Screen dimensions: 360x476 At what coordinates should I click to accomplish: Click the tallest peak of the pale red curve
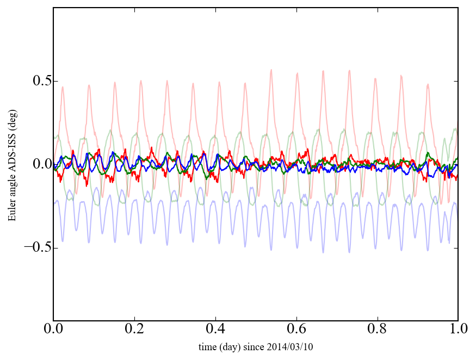(x=271, y=70)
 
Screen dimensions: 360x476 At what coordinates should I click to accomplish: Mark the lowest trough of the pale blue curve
(x=323, y=252)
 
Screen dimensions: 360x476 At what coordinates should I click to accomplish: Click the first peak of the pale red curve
(x=63, y=87)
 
